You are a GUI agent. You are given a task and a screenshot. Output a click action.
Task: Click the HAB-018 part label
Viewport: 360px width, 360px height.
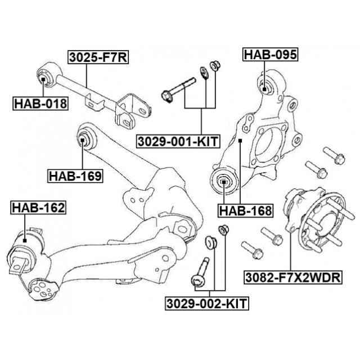pyautogui.click(x=40, y=103)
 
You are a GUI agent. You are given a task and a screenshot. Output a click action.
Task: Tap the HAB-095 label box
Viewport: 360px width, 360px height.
pyautogui.click(x=270, y=55)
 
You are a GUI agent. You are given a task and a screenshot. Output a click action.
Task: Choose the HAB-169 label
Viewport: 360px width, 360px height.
pyautogui.click(x=75, y=176)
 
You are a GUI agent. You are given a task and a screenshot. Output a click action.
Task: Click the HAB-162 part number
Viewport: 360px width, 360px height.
pyautogui.click(x=38, y=208)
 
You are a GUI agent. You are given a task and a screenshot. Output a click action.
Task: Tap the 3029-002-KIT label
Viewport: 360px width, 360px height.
pyautogui.click(x=208, y=304)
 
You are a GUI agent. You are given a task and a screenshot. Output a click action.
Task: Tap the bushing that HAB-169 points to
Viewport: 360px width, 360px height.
pyautogui.click(x=83, y=137)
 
